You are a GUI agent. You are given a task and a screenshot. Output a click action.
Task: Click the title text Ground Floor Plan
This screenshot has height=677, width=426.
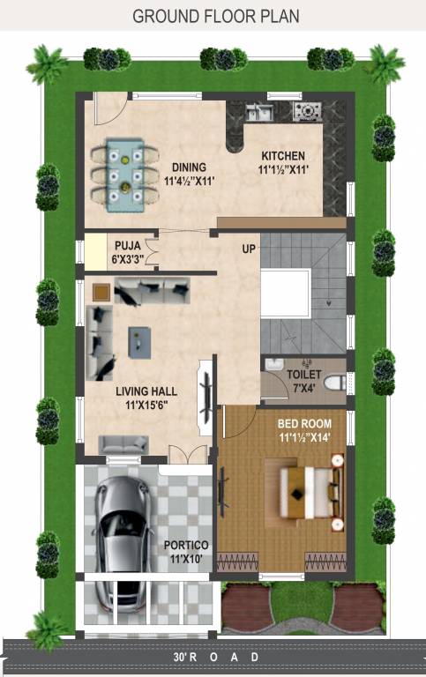[x=215, y=17]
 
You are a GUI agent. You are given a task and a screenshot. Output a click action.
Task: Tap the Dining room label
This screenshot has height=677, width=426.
[x=189, y=167]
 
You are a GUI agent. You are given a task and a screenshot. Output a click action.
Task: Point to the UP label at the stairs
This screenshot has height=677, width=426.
[x=249, y=249]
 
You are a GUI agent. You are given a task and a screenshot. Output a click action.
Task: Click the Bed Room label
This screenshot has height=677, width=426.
[x=303, y=423]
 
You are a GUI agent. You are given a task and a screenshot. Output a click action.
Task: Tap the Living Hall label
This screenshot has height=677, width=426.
[x=146, y=391]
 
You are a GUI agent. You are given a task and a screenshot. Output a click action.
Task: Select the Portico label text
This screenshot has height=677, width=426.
[x=186, y=546]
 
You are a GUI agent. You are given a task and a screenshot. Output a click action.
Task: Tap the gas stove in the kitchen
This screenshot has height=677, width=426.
[x=307, y=111]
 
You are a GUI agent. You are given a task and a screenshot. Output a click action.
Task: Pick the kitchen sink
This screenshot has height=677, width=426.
[x=258, y=112]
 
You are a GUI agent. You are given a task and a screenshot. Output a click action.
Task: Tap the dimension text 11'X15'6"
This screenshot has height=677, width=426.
[x=146, y=405]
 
